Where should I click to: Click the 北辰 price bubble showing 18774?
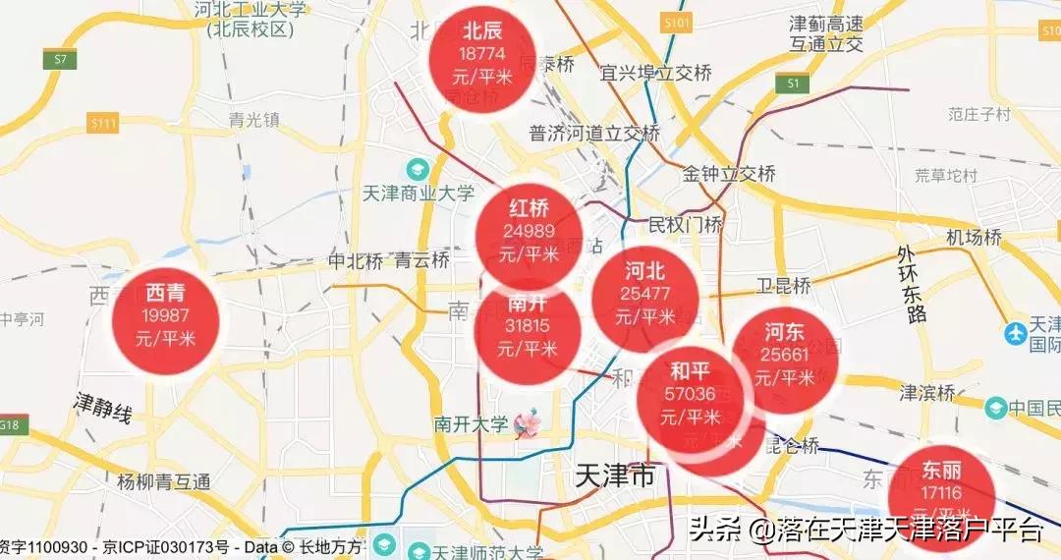point(482,54)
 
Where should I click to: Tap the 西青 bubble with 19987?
point(165,315)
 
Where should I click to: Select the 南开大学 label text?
point(472,425)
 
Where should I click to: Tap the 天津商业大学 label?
point(419,194)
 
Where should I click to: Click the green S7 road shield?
point(60,59)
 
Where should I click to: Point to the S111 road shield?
point(102,123)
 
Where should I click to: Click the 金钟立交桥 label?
point(729,174)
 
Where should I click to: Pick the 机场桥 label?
point(974,238)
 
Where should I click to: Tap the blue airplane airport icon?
point(1016,333)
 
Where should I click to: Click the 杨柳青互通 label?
point(163,482)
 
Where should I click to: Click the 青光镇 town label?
point(254,120)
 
